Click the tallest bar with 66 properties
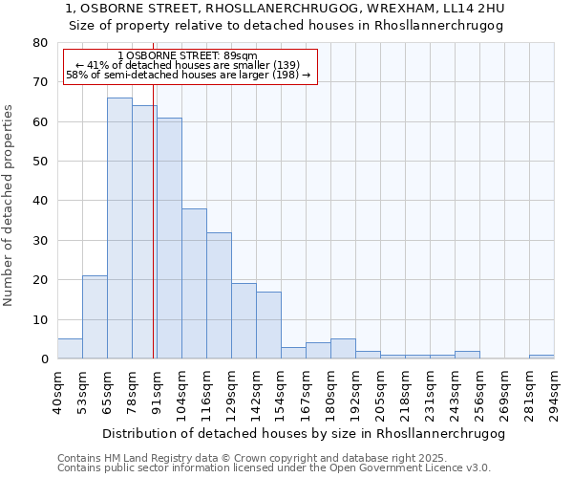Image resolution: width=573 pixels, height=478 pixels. click(119, 228)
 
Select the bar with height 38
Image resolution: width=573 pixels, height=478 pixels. click(194, 284)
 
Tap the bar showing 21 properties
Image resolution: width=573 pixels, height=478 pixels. click(95, 317)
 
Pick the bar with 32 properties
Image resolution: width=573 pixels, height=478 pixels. click(219, 295)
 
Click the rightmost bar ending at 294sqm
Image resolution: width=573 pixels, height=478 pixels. click(541, 357)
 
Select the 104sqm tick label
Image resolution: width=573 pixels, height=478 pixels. click(181, 391)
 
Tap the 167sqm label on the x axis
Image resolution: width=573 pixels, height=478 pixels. click(306, 391)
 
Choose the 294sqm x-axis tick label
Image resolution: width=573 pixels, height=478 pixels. click(554, 391)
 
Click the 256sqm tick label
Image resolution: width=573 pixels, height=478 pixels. click(479, 391)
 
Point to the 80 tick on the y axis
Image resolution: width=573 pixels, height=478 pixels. click(39, 43)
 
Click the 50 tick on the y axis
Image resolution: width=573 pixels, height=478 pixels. click(39, 162)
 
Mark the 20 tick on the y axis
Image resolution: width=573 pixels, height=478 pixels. click(39, 280)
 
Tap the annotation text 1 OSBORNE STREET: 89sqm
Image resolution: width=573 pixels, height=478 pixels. click(188, 56)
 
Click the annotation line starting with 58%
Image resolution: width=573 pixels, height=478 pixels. click(188, 75)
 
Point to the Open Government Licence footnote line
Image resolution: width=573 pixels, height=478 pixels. click(274, 468)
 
